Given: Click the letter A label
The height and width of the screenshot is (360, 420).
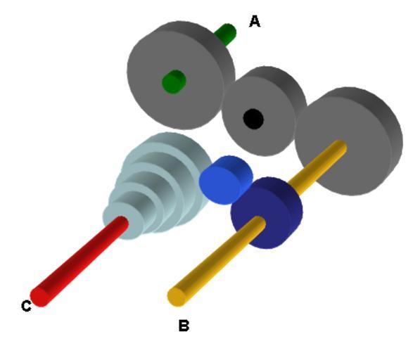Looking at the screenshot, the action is tap(255, 21).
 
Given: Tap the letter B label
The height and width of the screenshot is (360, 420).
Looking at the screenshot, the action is tap(184, 326).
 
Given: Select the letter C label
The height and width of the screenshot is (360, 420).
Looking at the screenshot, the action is tap(26, 306).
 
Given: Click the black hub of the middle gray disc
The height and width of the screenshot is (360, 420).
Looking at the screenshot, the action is tap(253, 119).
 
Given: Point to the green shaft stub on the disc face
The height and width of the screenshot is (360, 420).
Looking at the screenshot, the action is tap(174, 82).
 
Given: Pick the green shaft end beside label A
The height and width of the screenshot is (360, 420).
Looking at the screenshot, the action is tap(226, 34).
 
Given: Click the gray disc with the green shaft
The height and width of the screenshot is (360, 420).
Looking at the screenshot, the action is tap(181, 75).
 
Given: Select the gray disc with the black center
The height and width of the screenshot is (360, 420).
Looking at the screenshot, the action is tap(264, 111).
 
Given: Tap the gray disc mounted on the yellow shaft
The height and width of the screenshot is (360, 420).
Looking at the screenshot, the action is tap(349, 141).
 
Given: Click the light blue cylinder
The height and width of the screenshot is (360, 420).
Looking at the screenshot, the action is tap(226, 180).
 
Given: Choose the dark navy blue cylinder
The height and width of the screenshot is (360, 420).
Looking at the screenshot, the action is tap(267, 213).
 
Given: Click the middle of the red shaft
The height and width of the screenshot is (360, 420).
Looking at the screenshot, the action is tap(79, 261).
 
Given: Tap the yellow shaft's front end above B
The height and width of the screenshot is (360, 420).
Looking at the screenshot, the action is tap(177, 297).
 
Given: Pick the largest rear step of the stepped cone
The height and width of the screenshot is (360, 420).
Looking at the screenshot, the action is tap(172, 150).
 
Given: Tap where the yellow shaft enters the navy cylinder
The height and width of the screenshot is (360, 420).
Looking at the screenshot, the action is tap(257, 223).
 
